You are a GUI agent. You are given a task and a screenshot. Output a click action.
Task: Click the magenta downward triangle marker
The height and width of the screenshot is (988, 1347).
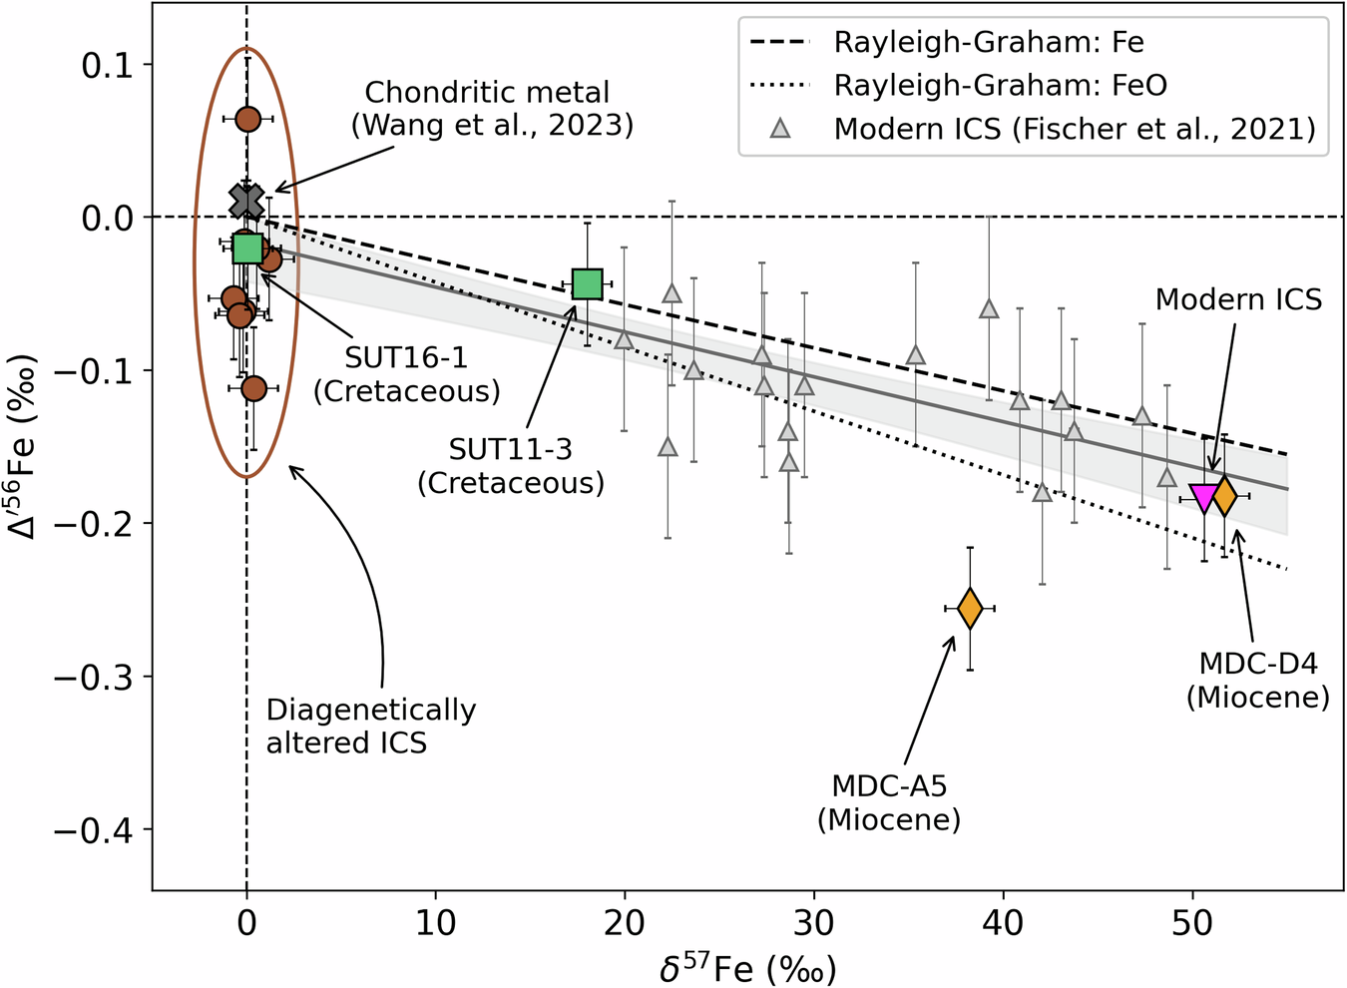1204,497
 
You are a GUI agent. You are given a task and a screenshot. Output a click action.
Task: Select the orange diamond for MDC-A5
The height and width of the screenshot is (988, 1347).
970,608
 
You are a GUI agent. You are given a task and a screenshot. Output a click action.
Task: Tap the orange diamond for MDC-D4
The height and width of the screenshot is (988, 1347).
1224,495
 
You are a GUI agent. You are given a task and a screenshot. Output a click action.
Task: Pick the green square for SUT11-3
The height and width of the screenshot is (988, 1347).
588,284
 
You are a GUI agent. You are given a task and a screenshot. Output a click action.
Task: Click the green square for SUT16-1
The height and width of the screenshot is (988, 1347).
247,248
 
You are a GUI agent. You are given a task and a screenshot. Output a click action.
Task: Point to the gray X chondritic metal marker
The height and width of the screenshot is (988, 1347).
246,201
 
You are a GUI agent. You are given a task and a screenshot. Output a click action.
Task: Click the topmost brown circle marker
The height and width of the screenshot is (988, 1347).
247,119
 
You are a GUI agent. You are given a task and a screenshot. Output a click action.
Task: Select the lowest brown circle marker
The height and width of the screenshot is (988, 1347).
253,387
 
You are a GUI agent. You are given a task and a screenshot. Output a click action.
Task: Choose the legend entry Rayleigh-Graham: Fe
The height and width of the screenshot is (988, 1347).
988,43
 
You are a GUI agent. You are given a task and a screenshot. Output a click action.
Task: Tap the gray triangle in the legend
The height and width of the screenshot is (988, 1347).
780,129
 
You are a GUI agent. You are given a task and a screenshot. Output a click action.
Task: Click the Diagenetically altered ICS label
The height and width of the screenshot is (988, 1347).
370,726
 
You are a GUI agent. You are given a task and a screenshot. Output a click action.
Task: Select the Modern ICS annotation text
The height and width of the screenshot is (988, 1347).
1238,298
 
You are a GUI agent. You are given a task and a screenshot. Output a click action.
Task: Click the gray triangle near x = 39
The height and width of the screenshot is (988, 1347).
989,308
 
